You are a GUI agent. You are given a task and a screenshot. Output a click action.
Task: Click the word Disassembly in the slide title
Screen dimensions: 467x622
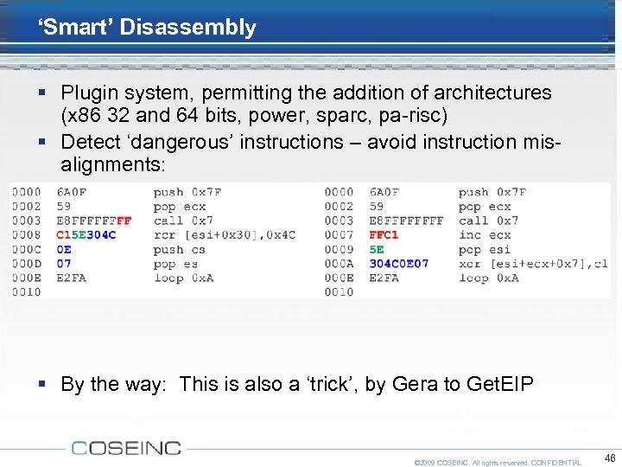pos(187,27)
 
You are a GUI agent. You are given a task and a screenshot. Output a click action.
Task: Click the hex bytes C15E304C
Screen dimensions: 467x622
pos(86,235)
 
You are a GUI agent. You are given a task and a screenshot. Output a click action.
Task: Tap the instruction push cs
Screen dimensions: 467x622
pos(181,249)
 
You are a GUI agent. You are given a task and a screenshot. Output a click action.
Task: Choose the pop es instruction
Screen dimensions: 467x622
pos(175,264)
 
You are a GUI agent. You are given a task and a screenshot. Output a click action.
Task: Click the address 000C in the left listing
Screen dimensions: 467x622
pos(26,249)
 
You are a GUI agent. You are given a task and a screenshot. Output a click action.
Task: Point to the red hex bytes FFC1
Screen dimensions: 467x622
pos(384,235)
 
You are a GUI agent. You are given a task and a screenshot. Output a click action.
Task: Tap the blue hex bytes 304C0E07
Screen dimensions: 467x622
pos(398,264)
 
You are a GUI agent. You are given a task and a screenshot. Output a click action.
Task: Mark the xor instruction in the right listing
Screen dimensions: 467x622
pos(532,264)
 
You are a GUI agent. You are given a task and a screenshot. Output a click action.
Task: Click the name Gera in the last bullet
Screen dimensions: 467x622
pos(415,384)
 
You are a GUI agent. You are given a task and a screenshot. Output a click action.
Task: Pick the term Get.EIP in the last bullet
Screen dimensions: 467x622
pos(500,384)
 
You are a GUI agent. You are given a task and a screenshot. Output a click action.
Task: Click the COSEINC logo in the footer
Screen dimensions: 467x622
pos(126,447)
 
